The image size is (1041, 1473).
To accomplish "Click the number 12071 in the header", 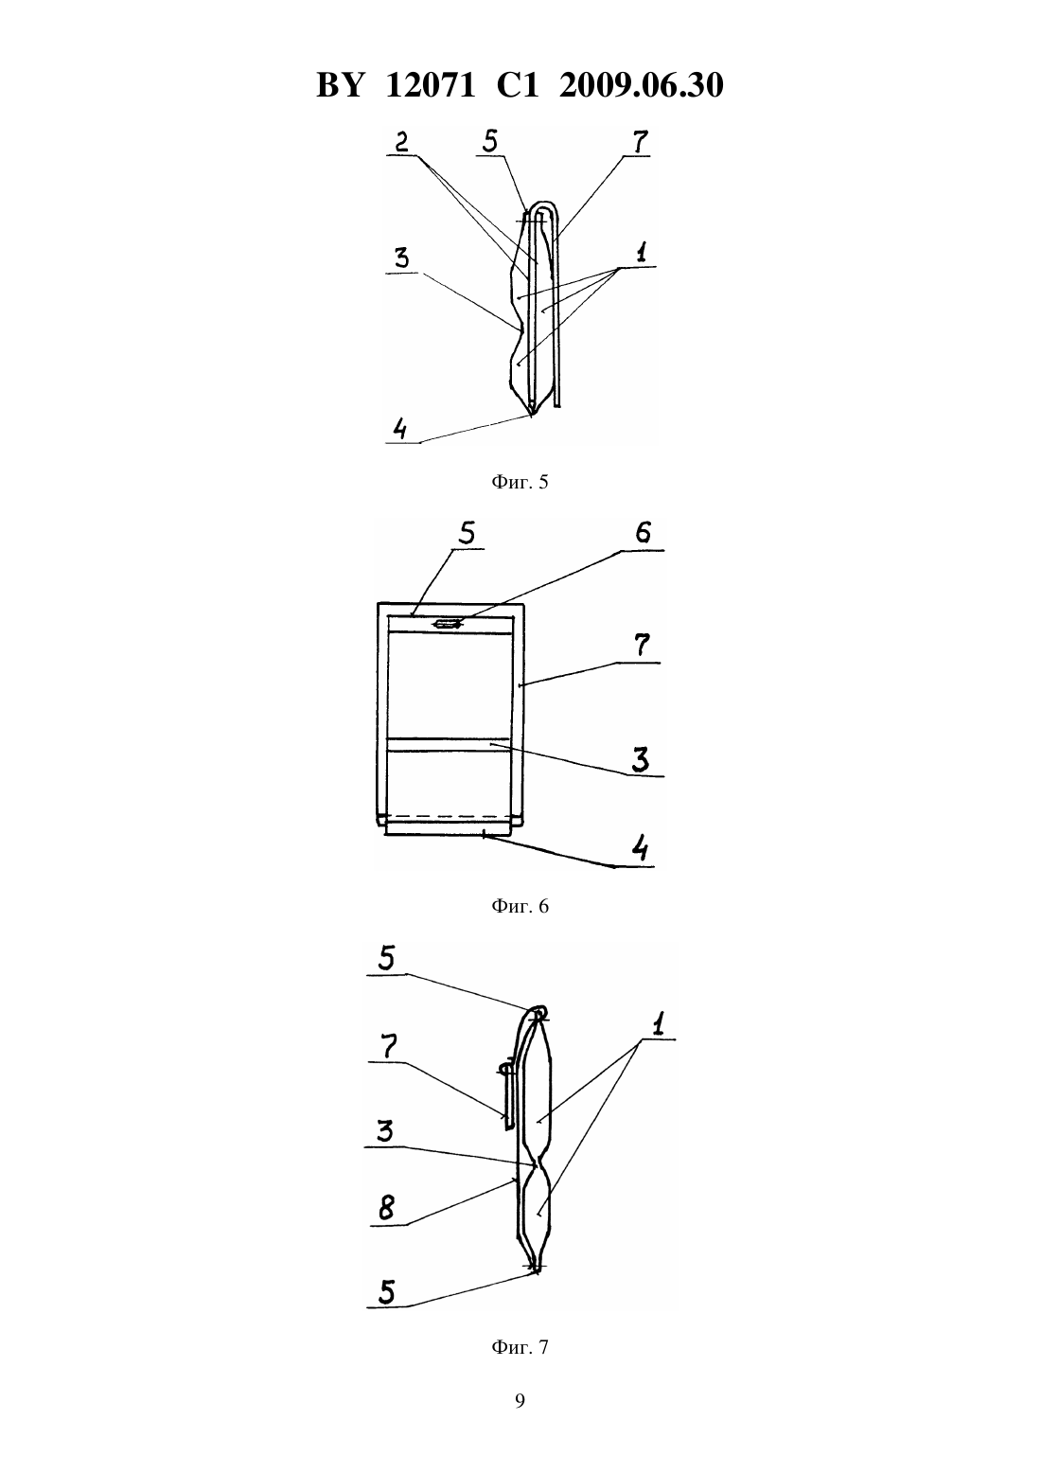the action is point(430,85).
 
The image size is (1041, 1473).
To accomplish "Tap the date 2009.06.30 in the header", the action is point(642,85).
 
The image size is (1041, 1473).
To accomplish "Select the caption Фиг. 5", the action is point(520,482).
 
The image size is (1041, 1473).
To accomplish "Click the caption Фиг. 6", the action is point(520,906).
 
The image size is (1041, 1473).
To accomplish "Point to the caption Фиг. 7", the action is point(520,1347).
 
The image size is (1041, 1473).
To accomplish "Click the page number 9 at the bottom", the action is point(520,1401).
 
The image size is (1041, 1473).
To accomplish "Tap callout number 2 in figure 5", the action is point(401,142).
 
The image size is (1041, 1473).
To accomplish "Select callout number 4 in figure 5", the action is point(399,430).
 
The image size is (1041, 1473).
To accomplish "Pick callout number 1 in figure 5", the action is point(642,253).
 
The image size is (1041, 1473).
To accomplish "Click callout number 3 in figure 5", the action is point(401,258).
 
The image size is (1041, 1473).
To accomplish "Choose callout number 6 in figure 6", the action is point(643,533).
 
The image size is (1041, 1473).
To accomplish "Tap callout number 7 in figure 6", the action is point(642,645).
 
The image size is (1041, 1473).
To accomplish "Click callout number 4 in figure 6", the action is point(640,848).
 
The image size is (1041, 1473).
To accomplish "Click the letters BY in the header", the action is point(340,85).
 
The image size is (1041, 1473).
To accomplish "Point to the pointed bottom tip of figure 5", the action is point(531,417).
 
